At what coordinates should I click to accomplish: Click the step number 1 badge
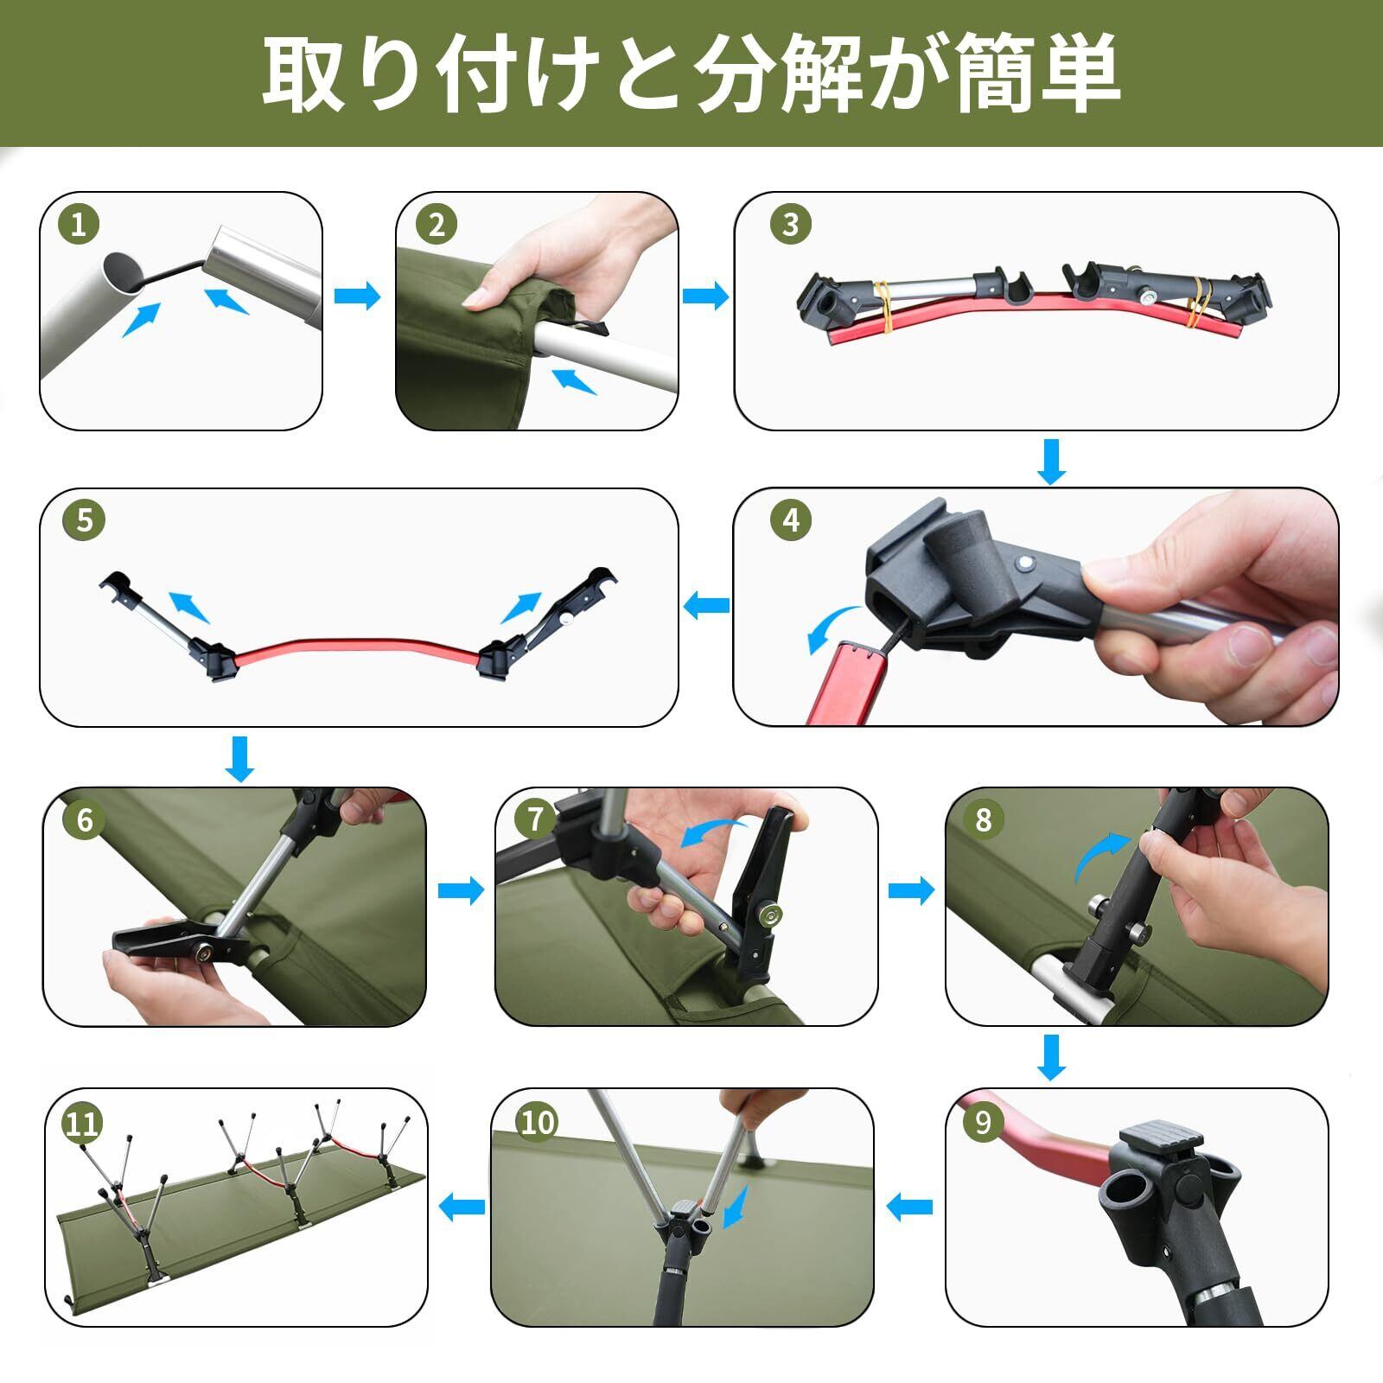click(79, 226)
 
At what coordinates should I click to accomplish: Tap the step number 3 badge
click(789, 225)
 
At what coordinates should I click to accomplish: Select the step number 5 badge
click(84, 521)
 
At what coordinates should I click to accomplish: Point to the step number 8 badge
click(983, 819)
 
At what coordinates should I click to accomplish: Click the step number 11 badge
click(83, 1124)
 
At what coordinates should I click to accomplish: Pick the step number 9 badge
click(983, 1122)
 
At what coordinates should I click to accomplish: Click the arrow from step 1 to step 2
click(357, 296)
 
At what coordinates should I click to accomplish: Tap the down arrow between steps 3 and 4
click(1051, 462)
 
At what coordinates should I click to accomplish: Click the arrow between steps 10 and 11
click(462, 1206)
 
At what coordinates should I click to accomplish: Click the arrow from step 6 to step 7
click(462, 891)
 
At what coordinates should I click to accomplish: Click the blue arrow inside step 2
click(574, 380)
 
